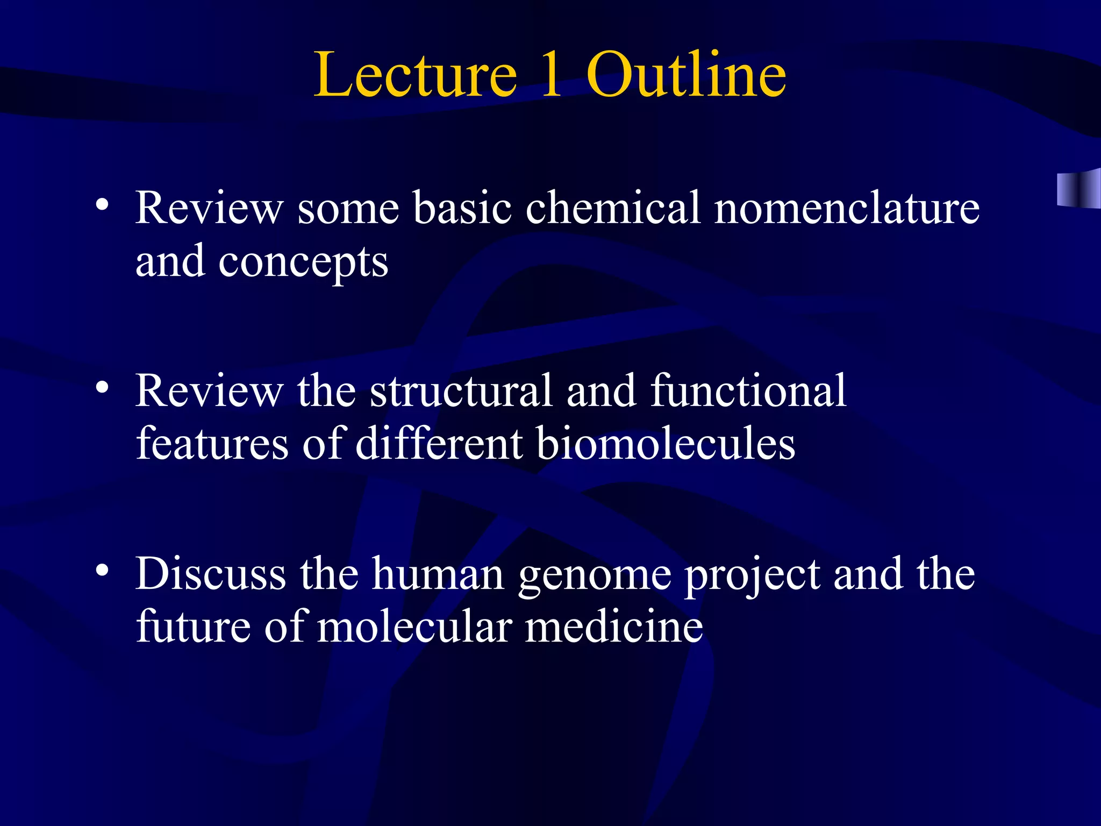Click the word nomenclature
(x=847, y=208)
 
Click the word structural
(x=461, y=391)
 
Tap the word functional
(x=748, y=391)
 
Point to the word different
(x=439, y=445)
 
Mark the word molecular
(x=414, y=628)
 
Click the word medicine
(x=614, y=628)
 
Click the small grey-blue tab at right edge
(x=1078, y=188)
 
